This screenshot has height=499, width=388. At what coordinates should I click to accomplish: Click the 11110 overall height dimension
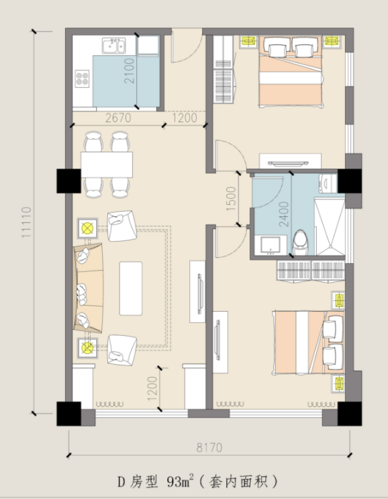pyautogui.click(x=27, y=222)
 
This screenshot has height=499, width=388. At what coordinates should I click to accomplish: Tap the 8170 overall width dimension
pyautogui.click(x=209, y=447)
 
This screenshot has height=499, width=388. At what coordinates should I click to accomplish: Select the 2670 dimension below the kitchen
pyautogui.click(x=118, y=118)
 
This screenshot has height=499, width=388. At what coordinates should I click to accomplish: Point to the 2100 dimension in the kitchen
pyautogui.click(x=129, y=71)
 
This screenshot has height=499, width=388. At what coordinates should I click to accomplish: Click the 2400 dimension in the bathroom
pyautogui.click(x=284, y=214)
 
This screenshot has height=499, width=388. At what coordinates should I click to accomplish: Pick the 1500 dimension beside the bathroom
pyautogui.click(x=231, y=199)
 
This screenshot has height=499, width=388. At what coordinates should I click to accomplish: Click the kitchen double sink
pyautogui.click(x=113, y=46)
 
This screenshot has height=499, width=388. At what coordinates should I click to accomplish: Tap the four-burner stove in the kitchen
pyautogui.click(x=82, y=79)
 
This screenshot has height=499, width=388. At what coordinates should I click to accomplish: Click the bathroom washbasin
pyautogui.click(x=271, y=244)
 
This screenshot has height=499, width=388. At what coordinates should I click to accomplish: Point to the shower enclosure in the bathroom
pyautogui.click(x=329, y=226)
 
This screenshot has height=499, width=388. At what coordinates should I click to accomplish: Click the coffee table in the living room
pyautogui.click(x=131, y=288)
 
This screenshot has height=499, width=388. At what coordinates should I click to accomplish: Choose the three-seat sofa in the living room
pyautogui.click(x=88, y=288)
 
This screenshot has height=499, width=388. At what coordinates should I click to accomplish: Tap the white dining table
pyautogui.click(x=107, y=165)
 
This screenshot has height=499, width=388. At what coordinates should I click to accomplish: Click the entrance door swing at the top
pyautogui.click(x=187, y=46)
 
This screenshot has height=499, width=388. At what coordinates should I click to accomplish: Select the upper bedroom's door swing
pyautogui.click(x=230, y=155)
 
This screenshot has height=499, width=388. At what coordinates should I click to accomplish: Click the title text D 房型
pyautogui.click(x=138, y=482)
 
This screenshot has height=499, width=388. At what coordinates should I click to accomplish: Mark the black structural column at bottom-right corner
pyautogui.click(x=350, y=414)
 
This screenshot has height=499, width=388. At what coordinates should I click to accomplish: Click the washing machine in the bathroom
pyautogui.click(x=328, y=183)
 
